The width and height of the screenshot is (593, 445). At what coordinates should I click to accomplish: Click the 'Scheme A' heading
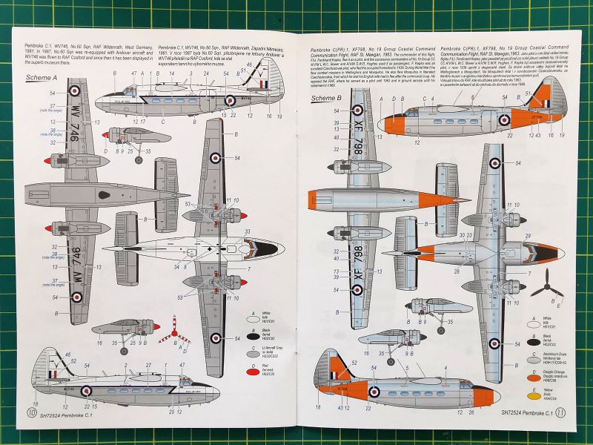tap(42, 77)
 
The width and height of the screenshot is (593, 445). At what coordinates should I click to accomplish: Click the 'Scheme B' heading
tap(326, 97)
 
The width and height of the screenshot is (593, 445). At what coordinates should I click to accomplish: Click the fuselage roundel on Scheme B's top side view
tap(503, 119)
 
